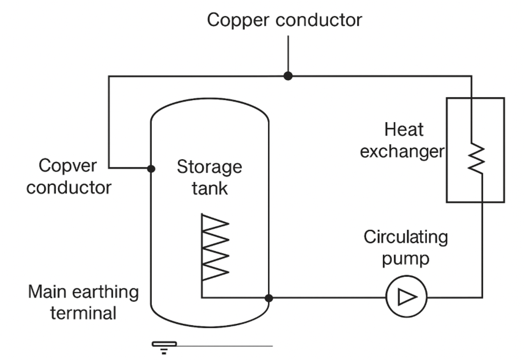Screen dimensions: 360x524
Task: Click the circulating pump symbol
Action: [406, 297]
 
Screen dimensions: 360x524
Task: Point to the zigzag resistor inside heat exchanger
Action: [477, 158]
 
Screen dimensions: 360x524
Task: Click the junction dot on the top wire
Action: [288, 76]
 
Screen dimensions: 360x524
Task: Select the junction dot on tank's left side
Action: [151, 168]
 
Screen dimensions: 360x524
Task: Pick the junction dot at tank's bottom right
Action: [269, 298]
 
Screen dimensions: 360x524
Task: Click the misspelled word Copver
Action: [68, 166]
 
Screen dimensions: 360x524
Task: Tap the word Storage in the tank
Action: [209, 167]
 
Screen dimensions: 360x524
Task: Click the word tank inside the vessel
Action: [209, 189]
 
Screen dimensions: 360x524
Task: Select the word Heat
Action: [404, 130]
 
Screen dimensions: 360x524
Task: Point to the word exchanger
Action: [402, 152]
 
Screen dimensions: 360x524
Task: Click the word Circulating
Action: [406, 237]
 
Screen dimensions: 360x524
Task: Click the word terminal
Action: [83, 313]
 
